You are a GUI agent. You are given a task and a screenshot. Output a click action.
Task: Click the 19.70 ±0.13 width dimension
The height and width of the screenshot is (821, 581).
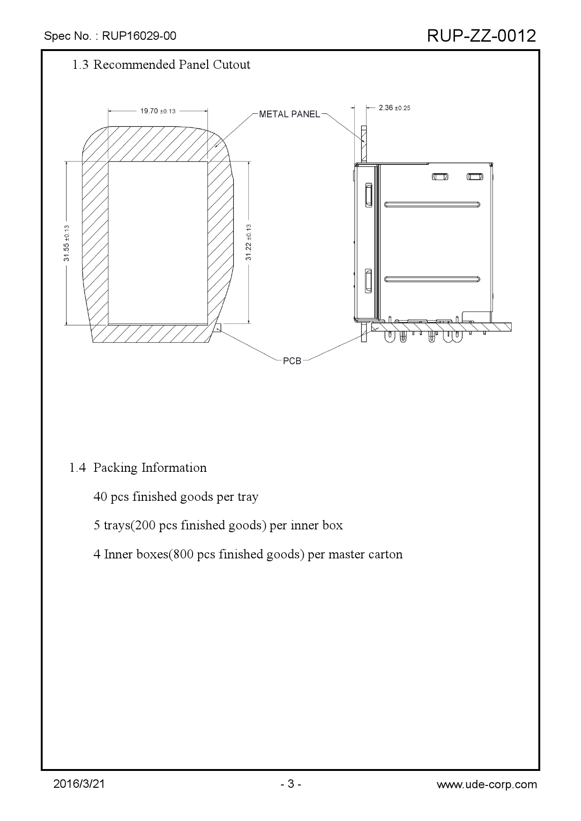coord(158,111)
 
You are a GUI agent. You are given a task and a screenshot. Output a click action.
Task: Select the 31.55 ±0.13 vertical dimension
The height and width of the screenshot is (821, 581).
coord(67,243)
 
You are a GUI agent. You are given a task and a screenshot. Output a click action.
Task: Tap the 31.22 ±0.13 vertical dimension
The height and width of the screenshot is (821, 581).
coord(249,242)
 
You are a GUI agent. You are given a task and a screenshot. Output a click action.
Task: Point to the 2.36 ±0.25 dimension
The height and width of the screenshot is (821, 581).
coord(394,108)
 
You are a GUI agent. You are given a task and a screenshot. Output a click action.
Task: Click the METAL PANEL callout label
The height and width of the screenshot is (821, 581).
coord(290,114)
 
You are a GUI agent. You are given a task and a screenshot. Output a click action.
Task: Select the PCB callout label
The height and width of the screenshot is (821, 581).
coord(292,361)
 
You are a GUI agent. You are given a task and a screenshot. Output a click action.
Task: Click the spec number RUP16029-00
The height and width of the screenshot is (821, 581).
coord(139,36)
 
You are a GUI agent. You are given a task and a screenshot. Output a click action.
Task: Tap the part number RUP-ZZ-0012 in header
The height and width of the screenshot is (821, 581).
coord(481,36)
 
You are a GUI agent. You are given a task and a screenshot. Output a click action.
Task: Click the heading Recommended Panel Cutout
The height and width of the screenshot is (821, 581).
coord(171,65)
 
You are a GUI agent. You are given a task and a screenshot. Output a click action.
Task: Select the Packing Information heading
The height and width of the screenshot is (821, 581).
coord(149,468)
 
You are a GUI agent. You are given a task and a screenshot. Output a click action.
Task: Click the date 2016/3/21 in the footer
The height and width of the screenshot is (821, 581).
coord(79,784)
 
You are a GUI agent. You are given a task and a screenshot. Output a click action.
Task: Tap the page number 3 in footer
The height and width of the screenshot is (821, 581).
coord(290,784)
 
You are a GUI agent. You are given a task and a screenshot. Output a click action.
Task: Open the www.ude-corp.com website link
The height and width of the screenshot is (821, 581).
coord(487,784)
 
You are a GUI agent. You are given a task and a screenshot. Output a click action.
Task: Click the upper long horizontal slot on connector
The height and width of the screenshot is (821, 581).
coord(432,204)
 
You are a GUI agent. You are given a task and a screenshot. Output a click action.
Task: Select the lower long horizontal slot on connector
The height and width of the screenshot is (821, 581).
coord(432,279)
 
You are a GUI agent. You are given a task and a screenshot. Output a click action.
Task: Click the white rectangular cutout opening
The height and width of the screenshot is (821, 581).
coord(158,243)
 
